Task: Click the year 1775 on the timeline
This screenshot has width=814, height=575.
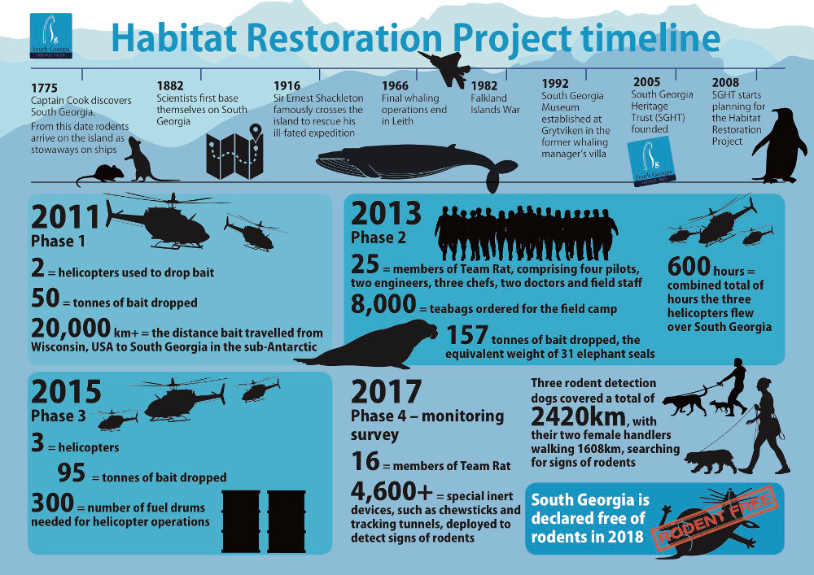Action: [x=44, y=88]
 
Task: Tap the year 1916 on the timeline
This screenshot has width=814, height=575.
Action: [x=287, y=85]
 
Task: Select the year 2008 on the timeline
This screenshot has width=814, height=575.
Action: [x=725, y=82]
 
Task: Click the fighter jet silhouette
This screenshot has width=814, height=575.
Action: [x=444, y=68]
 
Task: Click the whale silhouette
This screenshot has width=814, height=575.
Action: [x=415, y=165]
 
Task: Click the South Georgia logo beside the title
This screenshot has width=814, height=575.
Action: [x=50, y=35]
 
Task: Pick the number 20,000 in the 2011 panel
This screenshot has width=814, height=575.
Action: [x=71, y=329]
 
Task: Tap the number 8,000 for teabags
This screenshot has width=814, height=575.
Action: [x=383, y=304]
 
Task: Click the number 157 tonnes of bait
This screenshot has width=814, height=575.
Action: [x=466, y=335]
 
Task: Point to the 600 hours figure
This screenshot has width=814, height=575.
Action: [x=689, y=266]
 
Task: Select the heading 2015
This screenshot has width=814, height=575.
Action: [x=66, y=392]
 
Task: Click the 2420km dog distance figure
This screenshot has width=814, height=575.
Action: [x=578, y=416]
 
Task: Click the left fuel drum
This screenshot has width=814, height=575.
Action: [x=241, y=521]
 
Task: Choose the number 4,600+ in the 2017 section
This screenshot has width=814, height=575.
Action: [x=392, y=490]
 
